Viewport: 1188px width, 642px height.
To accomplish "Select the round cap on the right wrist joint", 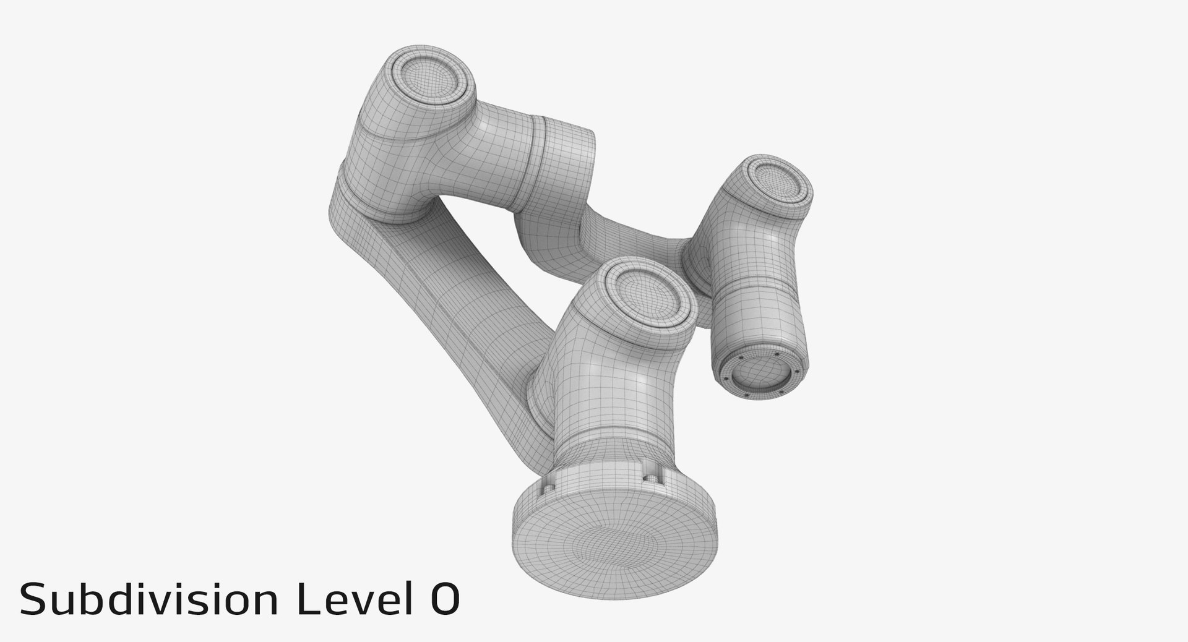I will click(778, 184).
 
